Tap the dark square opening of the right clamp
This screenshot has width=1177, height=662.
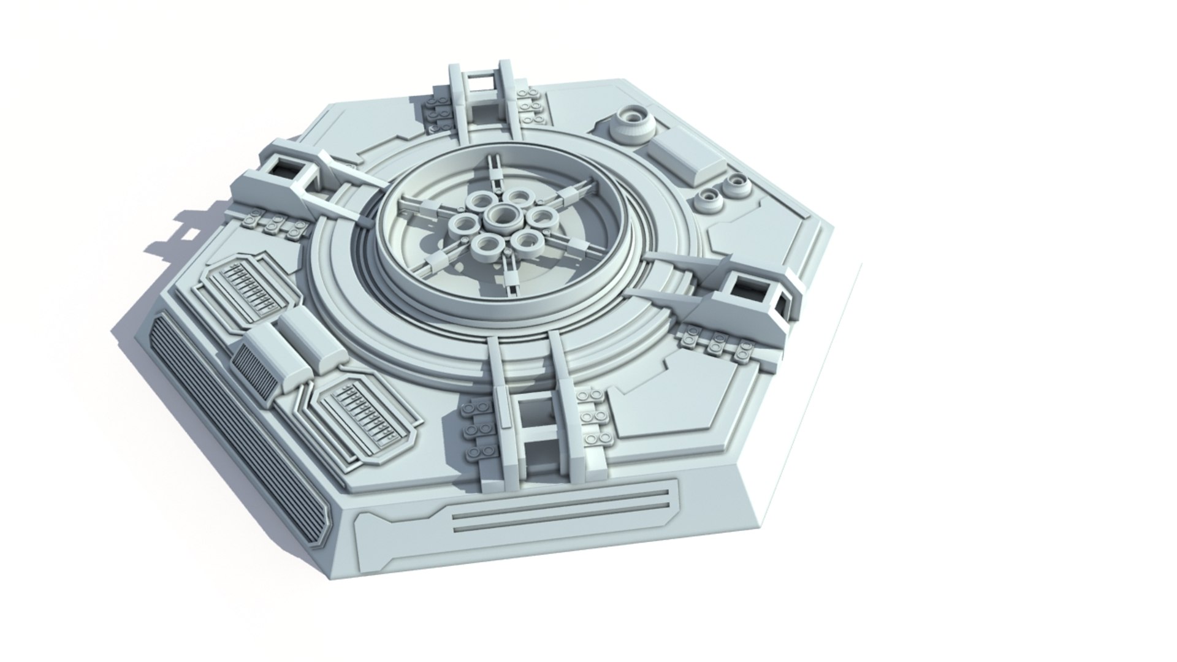[752, 287]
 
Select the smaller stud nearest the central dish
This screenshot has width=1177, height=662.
[709, 198]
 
